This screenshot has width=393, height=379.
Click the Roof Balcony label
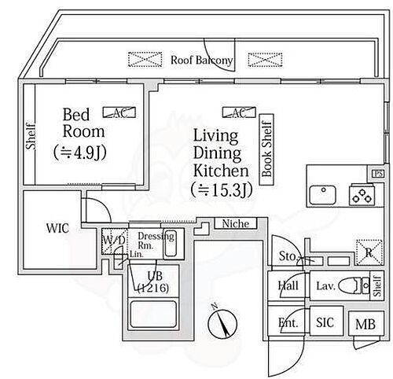click(202, 60)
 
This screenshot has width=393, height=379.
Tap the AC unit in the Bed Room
click(119, 113)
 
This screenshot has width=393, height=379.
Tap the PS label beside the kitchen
click(379, 173)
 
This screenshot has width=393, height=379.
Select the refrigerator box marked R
click(368, 252)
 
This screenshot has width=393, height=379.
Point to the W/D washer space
click(109, 240)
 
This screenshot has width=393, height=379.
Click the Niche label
click(234, 224)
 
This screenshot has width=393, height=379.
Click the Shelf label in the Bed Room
click(31, 135)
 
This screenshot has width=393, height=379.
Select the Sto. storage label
click(286, 256)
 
